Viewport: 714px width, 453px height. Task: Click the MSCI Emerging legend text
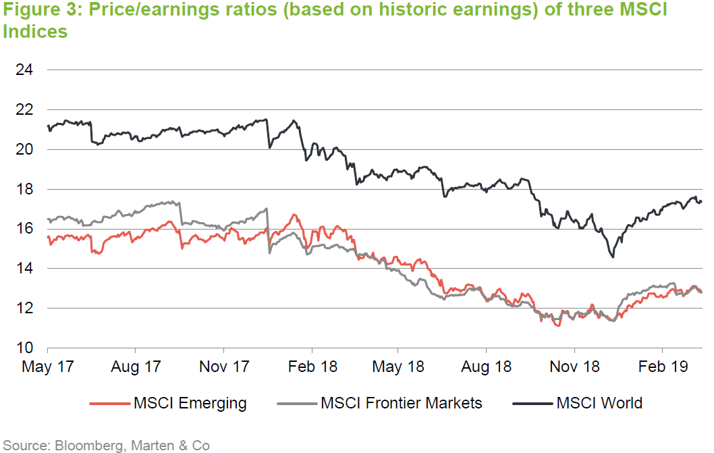[190, 404]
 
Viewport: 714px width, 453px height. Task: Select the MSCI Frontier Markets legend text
[402, 404]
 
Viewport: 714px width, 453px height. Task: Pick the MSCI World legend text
[599, 404]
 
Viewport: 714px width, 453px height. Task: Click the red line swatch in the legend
[109, 404]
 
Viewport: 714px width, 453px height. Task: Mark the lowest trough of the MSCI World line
[612, 257]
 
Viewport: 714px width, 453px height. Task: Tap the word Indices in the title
[35, 32]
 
